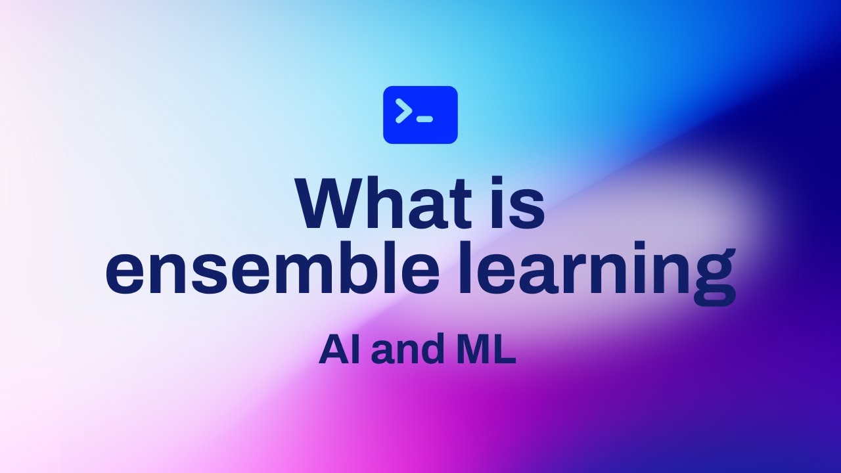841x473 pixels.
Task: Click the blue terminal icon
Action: click(420, 114)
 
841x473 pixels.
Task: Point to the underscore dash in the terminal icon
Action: click(425, 119)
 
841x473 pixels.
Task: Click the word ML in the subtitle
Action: click(486, 351)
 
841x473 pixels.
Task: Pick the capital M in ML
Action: click(475, 351)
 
